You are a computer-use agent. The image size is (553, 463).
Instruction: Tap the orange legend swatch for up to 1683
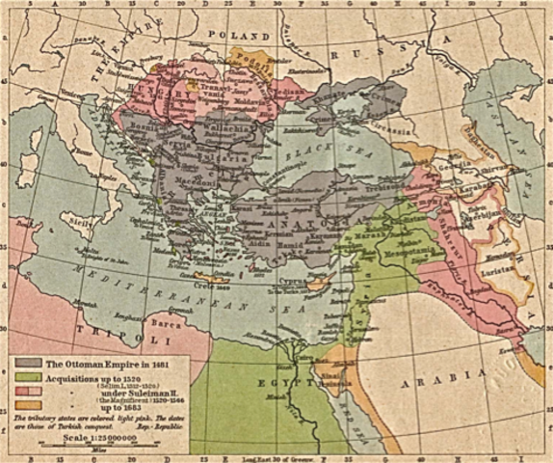(x=22, y=402)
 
